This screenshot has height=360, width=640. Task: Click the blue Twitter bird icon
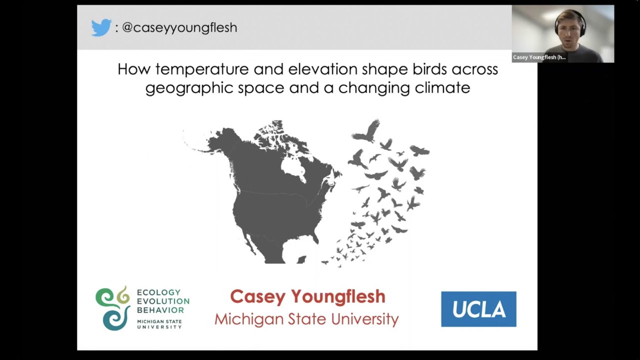[101, 27]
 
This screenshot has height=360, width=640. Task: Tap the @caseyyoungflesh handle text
[179, 27]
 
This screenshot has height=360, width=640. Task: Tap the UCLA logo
[478, 309]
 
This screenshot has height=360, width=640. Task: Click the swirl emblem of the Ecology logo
[113, 308]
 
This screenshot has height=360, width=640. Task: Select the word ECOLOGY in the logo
[158, 292]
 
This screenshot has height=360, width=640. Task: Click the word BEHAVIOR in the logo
[160, 310]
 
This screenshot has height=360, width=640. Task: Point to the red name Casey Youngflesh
[307, 296]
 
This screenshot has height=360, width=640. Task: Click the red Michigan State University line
[306, 319]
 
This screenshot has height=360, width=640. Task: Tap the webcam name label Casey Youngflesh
[539, 57]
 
